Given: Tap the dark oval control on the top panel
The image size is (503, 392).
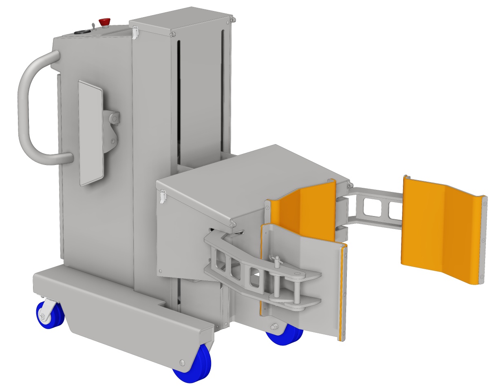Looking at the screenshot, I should coord(82,31).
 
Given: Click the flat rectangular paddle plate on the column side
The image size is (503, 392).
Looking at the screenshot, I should coord(90,133).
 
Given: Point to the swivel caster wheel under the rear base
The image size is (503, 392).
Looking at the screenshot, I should coord(49,314).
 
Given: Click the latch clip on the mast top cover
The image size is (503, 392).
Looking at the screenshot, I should coord(135,32).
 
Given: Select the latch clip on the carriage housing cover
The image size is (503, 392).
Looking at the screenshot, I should coord(163,196).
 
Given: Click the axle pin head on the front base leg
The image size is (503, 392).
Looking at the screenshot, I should coord(182,362).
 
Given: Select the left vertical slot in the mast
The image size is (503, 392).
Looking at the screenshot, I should coord(178,102).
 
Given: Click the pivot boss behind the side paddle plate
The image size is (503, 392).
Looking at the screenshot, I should coord(113,118).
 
